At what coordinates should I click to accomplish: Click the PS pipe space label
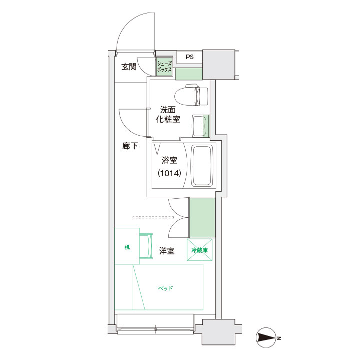[x=190, y=57]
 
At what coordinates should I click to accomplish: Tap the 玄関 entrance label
[x=129, y=67]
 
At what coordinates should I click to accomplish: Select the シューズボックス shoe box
[x=164, y=66]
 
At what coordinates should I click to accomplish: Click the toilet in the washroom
[x=192, y=95]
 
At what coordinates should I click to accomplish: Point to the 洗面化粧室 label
[x=168, y=114]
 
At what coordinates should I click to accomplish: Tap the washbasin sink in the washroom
[x=199, y=126]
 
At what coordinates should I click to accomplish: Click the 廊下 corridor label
[x=130, y=146]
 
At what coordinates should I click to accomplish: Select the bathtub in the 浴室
[x=202, y=166]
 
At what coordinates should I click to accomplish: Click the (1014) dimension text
[x=169, y=173]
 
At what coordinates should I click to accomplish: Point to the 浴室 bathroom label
[x=169, y=160]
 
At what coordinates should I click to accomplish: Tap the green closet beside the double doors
[x=202, y=217]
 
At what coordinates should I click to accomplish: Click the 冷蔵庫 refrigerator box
[x=200, y=250]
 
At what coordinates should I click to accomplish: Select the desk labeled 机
[x=127, y=246]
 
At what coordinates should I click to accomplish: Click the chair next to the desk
[x=146, y=246]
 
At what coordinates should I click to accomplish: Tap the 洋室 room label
[x=167, y=251]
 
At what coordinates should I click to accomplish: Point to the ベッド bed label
[x=166, y=288]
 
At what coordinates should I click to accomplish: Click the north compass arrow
[x=266, y=337]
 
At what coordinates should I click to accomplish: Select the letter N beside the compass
[x=279, y=338]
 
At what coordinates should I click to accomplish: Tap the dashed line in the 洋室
[x=153, y=217]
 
